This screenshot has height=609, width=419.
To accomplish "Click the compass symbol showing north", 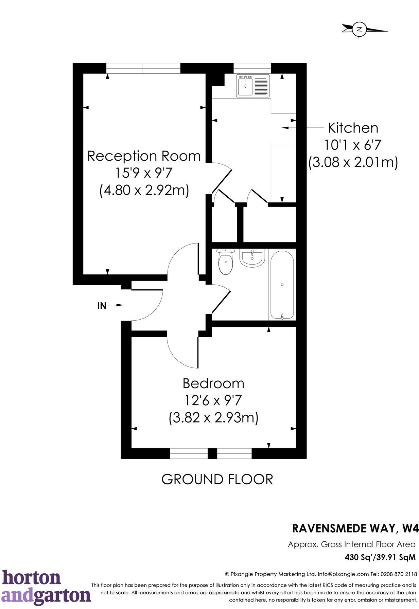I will [x=359, y=29].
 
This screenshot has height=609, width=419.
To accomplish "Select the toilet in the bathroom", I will [x=225, y=261].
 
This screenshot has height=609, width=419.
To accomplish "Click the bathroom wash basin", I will [x=252, y=258].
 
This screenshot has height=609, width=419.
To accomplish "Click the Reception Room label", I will [x=144, y=156].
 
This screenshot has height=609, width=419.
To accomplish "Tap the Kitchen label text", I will [x=353, y=128].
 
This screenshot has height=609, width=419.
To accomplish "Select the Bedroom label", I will [x=213, y=383].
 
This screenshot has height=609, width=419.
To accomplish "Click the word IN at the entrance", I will [x=102, y=306].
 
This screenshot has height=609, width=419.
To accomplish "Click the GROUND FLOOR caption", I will [x=217, y=479].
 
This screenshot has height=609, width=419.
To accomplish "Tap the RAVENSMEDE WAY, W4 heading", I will [x=355, y=529].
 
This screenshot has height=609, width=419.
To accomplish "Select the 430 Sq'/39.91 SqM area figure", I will [x=380, y=557].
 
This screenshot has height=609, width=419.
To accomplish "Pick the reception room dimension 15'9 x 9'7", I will [x=144, y=173].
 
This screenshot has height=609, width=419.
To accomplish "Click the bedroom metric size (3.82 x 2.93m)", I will [x=213, y=417].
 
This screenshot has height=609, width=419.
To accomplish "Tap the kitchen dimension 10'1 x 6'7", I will [x=353, y=145].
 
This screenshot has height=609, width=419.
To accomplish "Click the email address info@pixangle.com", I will [x=343, y=574].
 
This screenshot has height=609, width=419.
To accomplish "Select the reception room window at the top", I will [x=143, y=68].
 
